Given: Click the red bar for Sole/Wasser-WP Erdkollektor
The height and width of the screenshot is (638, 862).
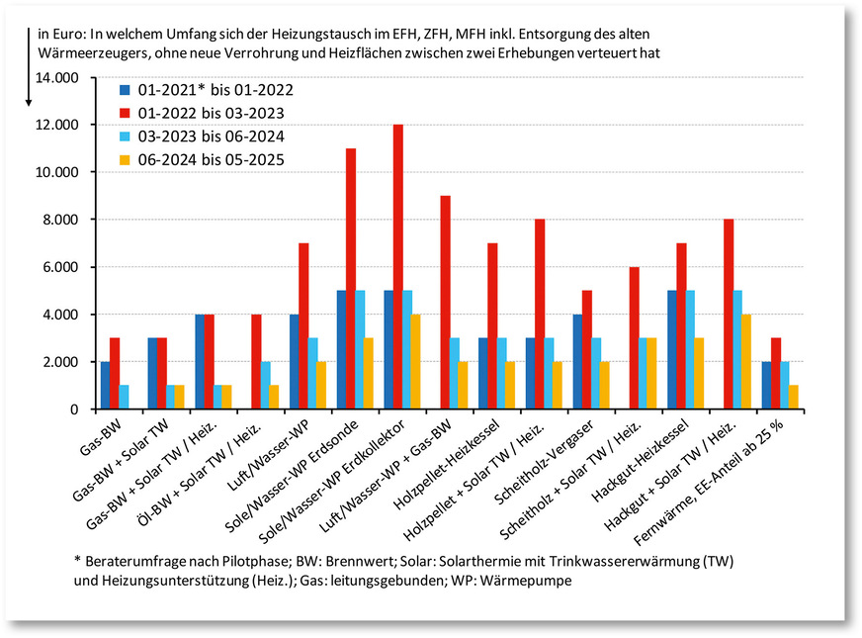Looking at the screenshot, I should (397, 267).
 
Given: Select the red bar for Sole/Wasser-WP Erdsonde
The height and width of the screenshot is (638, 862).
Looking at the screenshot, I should (350, 279).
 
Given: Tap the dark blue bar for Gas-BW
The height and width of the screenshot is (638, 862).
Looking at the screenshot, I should (106, 386).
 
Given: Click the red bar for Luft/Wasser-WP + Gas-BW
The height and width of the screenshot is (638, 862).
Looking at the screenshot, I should (445, 303).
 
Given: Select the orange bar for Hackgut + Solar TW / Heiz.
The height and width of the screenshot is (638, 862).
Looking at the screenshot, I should (746, 362).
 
